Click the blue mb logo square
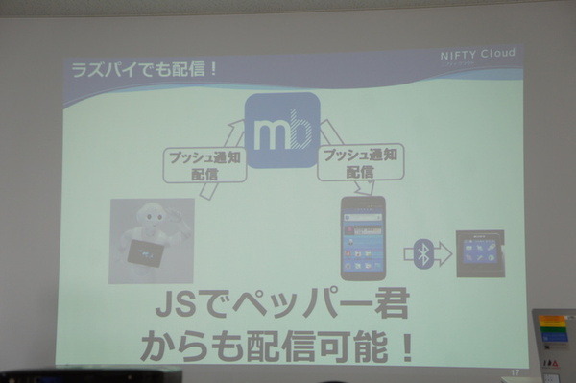pyautogui.click(x=281, y=131)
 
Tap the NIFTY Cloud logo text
pyautogui.click(x=478, y=54)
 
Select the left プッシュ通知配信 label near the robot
pyautogui.click(x=204, y=163)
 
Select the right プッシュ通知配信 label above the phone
pyautogui.click(x=360, y=160)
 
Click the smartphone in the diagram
pyautogui.click(x=363, y=238)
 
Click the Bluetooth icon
pyautogui.click(x=421, y=253)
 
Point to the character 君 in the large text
pyautogui.click(x=389, y=308)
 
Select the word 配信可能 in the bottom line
pyautogui.click(x=316, y=347)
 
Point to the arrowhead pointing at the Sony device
pyautogui.click(x=447, y=253)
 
